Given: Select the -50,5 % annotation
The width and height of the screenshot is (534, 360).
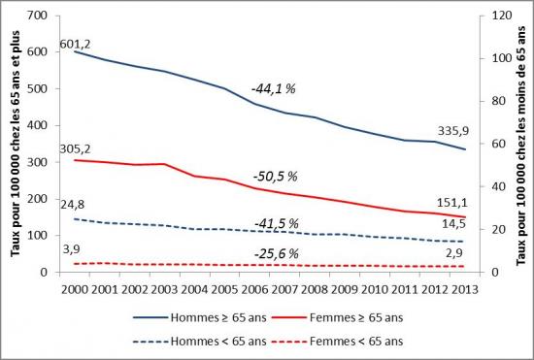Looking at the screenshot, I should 273,179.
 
